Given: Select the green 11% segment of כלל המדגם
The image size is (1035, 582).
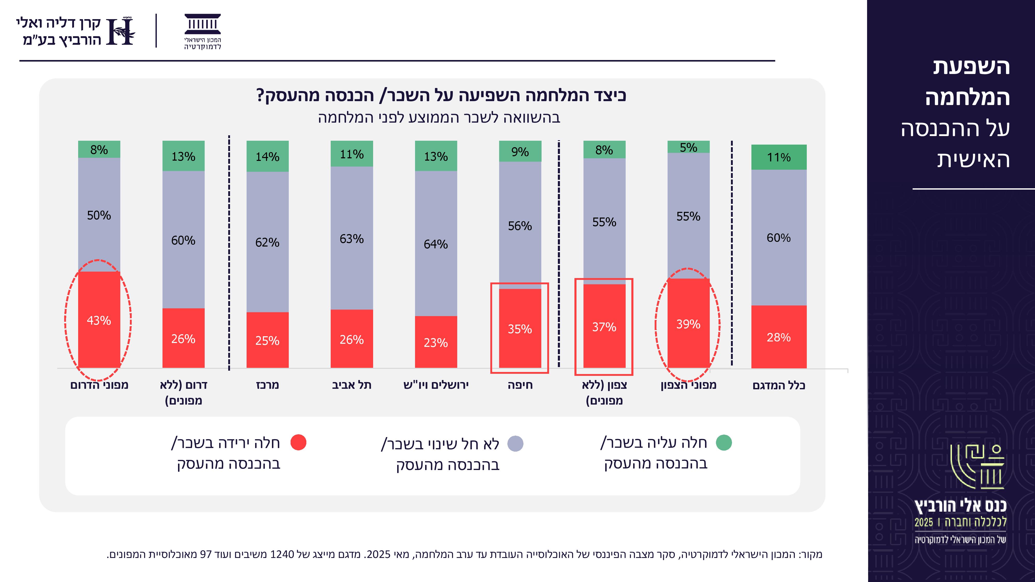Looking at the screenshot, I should [x=779, y=157].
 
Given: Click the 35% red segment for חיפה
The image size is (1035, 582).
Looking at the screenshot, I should [x=520, y=328].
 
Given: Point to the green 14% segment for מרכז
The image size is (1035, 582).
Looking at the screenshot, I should [x=268, y=156].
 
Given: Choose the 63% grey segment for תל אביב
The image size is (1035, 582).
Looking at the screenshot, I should [x=352, y=238].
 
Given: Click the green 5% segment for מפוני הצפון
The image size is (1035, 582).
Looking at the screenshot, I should [x=688, y=147].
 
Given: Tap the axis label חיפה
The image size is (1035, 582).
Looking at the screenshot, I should [x=520, y=385].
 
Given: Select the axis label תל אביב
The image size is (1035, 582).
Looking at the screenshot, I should [x=352, y=385].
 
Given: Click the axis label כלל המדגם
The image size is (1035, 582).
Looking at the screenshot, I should [x=779, y=386].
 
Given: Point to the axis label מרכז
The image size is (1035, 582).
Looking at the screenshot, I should [x=268, y=385].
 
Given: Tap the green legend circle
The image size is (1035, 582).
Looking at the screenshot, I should [x=724, y=443].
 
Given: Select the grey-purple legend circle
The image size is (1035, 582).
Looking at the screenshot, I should [x=515, y=443].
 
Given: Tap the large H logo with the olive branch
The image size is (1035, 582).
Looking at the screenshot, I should [x=121, y=31].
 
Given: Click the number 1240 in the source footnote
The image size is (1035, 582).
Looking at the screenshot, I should [x=282, y=555].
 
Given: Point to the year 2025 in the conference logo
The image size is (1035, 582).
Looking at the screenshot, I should [x=923, y=522].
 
